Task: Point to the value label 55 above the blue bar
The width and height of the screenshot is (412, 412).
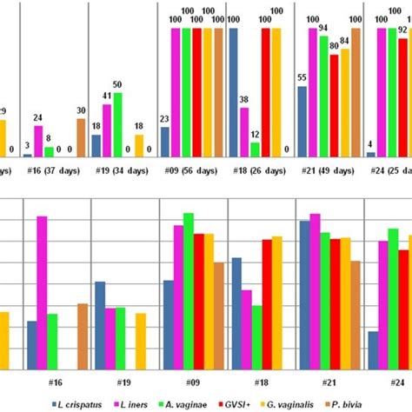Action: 302,77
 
